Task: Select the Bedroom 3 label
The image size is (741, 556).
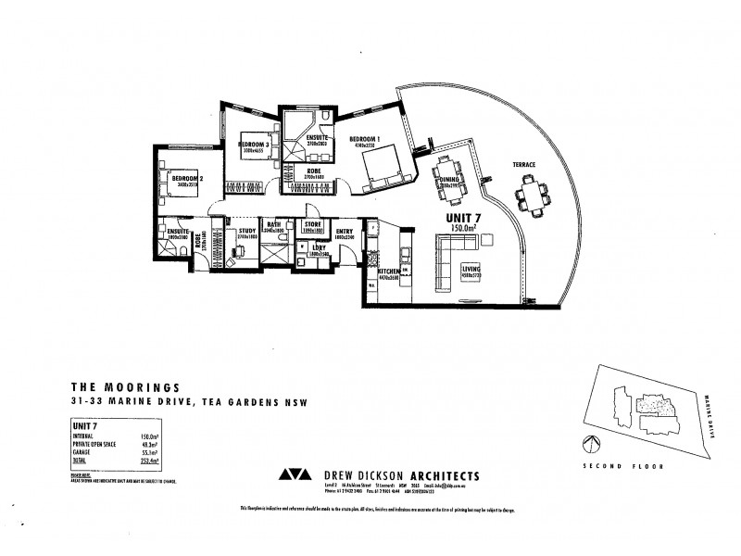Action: coord(253,145)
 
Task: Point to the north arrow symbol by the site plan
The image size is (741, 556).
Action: coord(587,441)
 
